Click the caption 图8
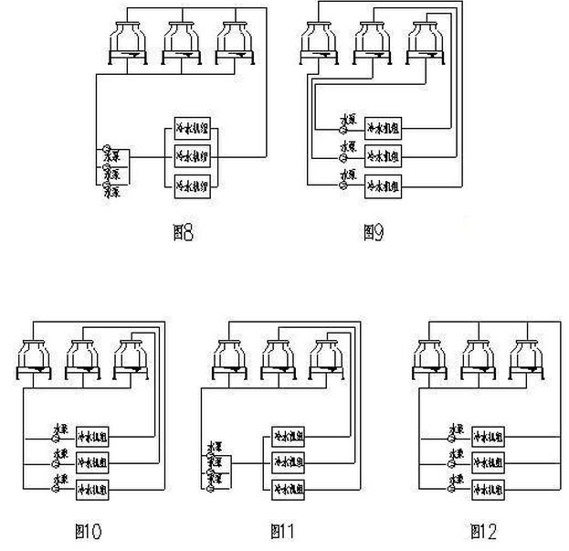[183, 233]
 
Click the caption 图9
[373, 233]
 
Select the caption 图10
[88, 530]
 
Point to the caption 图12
[482, 530]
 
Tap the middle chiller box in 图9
[384, 154]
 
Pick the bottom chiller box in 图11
[290, 489]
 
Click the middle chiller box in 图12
[490, 461]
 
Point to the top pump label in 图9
[347, 120]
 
